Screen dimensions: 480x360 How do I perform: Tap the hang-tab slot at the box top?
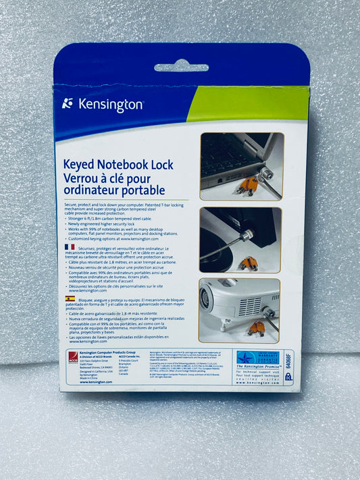tap(181, 67)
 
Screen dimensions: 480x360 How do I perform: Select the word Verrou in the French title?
tap(83, 178)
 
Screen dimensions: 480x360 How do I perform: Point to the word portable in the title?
tap(140, 191)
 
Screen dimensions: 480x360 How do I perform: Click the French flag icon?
tap(70, 248)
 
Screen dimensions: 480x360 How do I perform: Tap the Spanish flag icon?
tap(70, 298)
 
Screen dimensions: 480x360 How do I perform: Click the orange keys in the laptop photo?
tap(246, 185)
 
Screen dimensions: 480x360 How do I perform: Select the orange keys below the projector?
tap(257, 328)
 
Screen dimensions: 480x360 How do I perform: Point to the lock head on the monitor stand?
tap(247, 236)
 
